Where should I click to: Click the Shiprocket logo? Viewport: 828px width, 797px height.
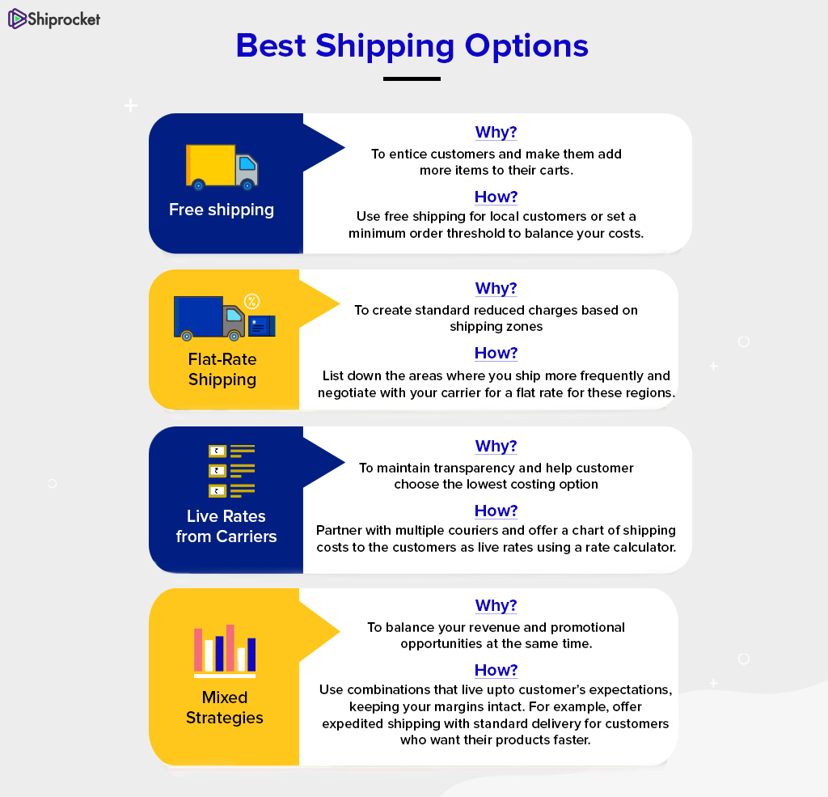click(x=54, y=19)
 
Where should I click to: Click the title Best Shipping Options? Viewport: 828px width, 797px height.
click(x=412, y=46)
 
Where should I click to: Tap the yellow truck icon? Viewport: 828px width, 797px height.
click(x=222, y=167)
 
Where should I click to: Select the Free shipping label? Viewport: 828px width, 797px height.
click(x=222, y=210)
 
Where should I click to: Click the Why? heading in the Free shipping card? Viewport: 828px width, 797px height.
click(x=496, y=132)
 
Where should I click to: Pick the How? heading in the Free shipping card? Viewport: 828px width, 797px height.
click(x=496, y=197)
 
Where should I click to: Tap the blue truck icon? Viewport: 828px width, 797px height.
click(x=209, y=318)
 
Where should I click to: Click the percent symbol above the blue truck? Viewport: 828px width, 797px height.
click(x=252, y=301)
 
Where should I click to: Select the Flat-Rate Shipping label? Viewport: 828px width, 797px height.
click(x=222, y=370)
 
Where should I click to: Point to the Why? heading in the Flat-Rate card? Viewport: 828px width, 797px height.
click(x=496, y=289)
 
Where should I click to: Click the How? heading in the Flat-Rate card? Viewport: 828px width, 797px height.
click(x=496, y=353)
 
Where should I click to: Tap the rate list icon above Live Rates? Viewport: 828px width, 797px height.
click(x=232, y=471)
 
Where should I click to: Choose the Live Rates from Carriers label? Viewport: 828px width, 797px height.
click(x=226, y=527)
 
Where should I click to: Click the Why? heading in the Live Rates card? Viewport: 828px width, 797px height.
click(x=496, y=446)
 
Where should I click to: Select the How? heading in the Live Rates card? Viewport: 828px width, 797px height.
click(x=496, y=511)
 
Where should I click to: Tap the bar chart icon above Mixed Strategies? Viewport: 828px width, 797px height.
click(x=225, y=651)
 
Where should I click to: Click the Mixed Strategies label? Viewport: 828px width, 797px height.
click(x=225, y=708)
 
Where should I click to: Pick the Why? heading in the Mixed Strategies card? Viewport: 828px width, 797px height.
click(x=496, y=606)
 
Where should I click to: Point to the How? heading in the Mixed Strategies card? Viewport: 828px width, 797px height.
click(x=496, y=670)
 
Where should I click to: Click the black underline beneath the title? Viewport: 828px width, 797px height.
click(x=412, y=78)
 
